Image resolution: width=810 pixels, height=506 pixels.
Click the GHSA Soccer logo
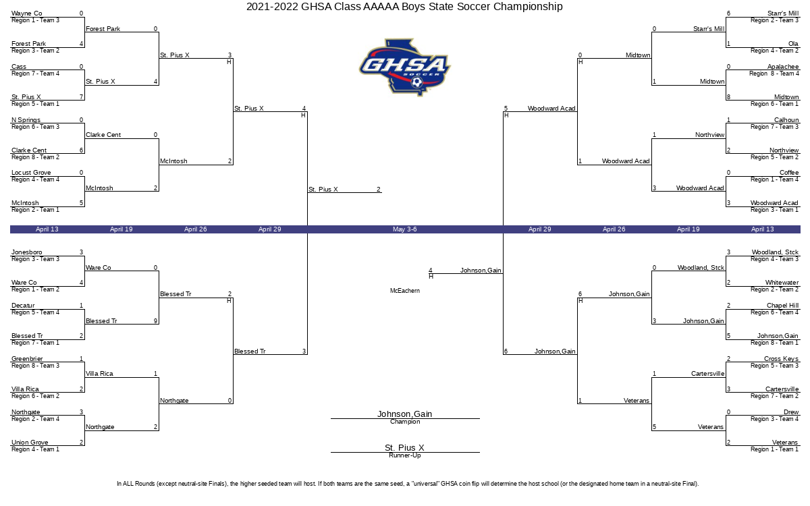(404, 67)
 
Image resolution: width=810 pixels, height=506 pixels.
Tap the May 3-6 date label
(404, 229)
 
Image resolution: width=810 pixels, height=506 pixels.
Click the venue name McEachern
(405, 291)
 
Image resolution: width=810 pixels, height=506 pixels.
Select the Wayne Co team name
(27, 13)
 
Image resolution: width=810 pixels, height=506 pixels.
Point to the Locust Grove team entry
(31, 173)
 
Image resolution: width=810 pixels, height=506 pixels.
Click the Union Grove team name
(30, 443)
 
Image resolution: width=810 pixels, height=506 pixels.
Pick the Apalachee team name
(782, 67)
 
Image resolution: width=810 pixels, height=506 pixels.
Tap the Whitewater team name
(782, 283)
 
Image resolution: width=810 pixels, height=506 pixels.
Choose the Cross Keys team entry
(781, 359)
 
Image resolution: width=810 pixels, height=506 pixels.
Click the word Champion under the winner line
(405, 422)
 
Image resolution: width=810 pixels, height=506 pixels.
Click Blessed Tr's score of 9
(155, 321)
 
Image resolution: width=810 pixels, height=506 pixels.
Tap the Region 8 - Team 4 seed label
(774, 74)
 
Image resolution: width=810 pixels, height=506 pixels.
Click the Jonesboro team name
(27, 252)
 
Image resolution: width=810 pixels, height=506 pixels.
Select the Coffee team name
(789, 173)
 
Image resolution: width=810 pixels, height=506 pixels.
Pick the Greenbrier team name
(28, 359)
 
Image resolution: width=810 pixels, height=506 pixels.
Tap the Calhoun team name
(786, 120)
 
